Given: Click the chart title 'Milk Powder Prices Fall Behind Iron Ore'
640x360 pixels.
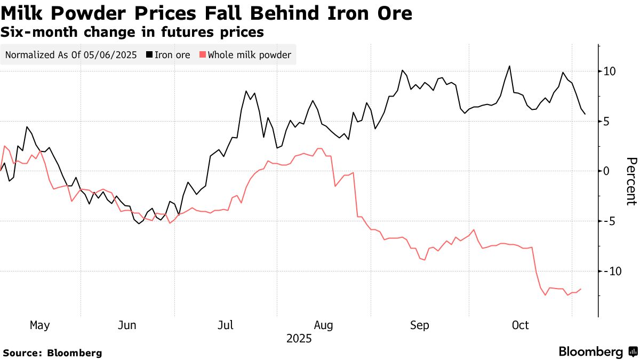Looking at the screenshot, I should [x=206, y=13].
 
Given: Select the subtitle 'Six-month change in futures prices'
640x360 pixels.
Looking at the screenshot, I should [x=132, y=33].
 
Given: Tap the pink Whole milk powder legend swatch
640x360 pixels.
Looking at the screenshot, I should [x=202, y=55].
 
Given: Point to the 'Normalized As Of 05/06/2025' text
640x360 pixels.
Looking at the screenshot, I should [x=70, y=55].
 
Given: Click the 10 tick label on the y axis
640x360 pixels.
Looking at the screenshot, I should [x=610, y=71].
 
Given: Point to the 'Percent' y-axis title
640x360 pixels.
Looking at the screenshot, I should [x=631, y=181].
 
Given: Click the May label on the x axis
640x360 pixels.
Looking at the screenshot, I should [x=40, y=325].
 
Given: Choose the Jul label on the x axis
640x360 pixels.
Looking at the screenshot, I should [x=226, y=325].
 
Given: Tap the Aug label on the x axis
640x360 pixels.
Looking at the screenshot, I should [x=323, y=325].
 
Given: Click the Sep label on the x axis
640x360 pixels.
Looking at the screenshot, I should [x=420, y=325].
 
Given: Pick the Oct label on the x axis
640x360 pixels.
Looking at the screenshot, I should [x=520, y=325].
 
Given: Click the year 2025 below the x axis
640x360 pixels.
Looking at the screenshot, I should [x=299, y=339].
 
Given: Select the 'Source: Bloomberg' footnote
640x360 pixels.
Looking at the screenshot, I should [x=52, y=353].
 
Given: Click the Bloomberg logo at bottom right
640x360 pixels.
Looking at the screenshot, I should [x=597, y=352].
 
